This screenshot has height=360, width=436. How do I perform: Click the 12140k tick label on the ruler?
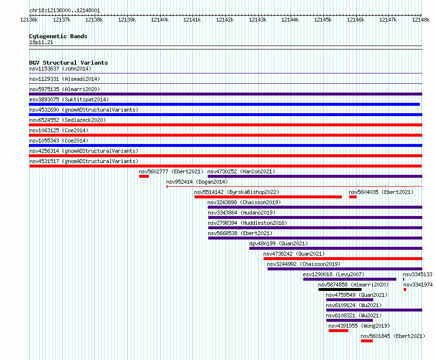coord(160,20)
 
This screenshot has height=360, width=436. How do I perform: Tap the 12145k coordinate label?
coord(323,20)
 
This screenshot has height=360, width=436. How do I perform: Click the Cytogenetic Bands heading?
coord(58,36)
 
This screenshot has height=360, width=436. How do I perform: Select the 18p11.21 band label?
coord(41,43)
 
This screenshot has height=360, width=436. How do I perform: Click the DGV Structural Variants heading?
coord(69,63)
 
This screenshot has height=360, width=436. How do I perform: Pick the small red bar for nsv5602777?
coord(144,176)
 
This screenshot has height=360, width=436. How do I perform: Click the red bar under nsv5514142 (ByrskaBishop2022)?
coord(268,197)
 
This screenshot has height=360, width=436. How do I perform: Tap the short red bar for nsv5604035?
coord(353,197)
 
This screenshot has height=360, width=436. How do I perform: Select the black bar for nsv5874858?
coord(340,289)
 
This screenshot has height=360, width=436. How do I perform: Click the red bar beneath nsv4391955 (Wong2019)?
coord(339,331)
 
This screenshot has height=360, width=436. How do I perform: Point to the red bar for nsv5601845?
coord(367,341)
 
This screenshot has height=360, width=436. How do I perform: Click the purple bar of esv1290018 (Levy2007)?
coord(349,279)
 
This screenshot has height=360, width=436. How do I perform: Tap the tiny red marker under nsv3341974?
coord(405,289)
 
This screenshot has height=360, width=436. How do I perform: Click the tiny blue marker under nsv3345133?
coord(404,279)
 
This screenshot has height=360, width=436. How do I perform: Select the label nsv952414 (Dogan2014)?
coord(197,182)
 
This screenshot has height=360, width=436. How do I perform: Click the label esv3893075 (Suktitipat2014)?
coord(69,99)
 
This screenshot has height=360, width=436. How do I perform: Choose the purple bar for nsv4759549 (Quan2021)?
coord(349,300)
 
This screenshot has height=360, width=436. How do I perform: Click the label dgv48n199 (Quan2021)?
coord(278,243)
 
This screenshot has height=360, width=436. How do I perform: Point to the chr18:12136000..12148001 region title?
coord(65,11)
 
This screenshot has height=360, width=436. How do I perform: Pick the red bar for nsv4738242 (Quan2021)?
coord(343,259)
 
